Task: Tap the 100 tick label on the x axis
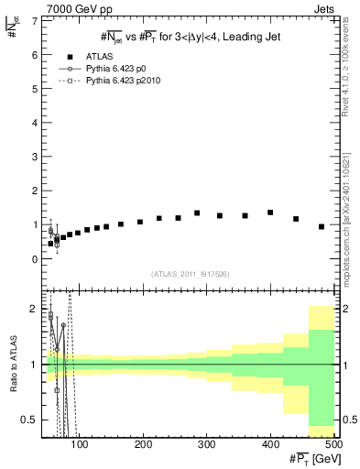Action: pyautogui.click(x=80, y=444)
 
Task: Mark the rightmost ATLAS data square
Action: pyautogui.click(x=322, y=226)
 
